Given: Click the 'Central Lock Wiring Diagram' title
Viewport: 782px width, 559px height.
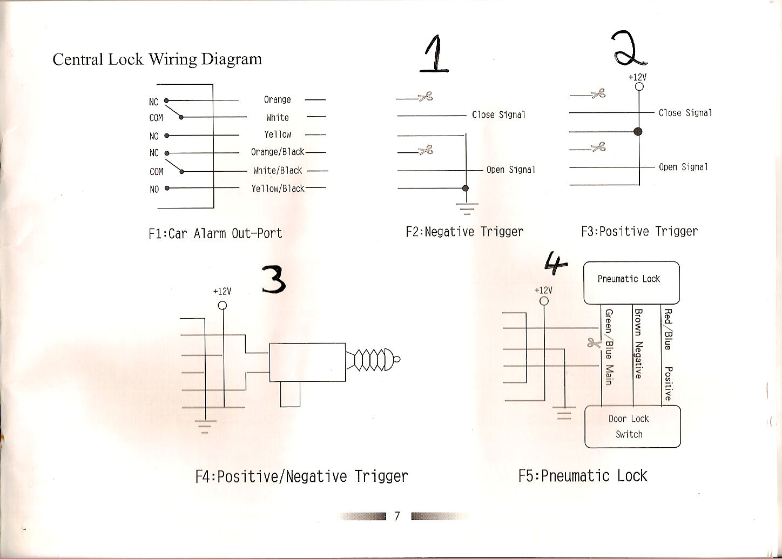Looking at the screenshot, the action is coord(157,59).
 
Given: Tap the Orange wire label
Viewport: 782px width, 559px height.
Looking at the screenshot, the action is coord(277,100).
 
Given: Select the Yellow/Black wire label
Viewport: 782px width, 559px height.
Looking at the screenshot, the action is coord(278,188).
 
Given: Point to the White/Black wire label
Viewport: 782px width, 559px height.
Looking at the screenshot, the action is coord(278,170).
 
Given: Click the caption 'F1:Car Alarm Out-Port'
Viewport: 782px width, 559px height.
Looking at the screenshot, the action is coord(215,233).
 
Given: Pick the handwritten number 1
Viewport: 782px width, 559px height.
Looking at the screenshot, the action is coord(434,53).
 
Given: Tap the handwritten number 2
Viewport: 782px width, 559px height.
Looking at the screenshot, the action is coord(629,48).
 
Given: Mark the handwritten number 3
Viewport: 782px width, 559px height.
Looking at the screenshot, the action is coord(274,279).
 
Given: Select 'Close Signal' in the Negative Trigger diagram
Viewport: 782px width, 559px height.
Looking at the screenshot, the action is coord(498,115).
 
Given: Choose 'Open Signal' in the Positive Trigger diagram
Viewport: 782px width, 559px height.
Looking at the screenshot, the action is coord(683,167).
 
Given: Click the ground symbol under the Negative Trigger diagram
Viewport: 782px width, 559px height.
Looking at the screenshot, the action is coord(467,208).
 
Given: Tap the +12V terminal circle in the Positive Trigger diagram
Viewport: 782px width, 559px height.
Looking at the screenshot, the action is coord(639,86).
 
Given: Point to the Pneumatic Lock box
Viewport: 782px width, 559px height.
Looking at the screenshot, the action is coord(631,283).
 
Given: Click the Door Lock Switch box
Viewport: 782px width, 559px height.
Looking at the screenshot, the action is coord(632,426).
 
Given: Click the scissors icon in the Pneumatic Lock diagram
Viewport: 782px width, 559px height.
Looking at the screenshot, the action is coord(594,343).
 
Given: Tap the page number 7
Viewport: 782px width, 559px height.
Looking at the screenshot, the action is coord(397,516).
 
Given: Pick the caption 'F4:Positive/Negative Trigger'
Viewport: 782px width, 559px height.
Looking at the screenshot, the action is coord(302,476).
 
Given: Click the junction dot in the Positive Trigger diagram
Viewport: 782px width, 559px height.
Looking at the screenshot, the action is coord(638,131).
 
